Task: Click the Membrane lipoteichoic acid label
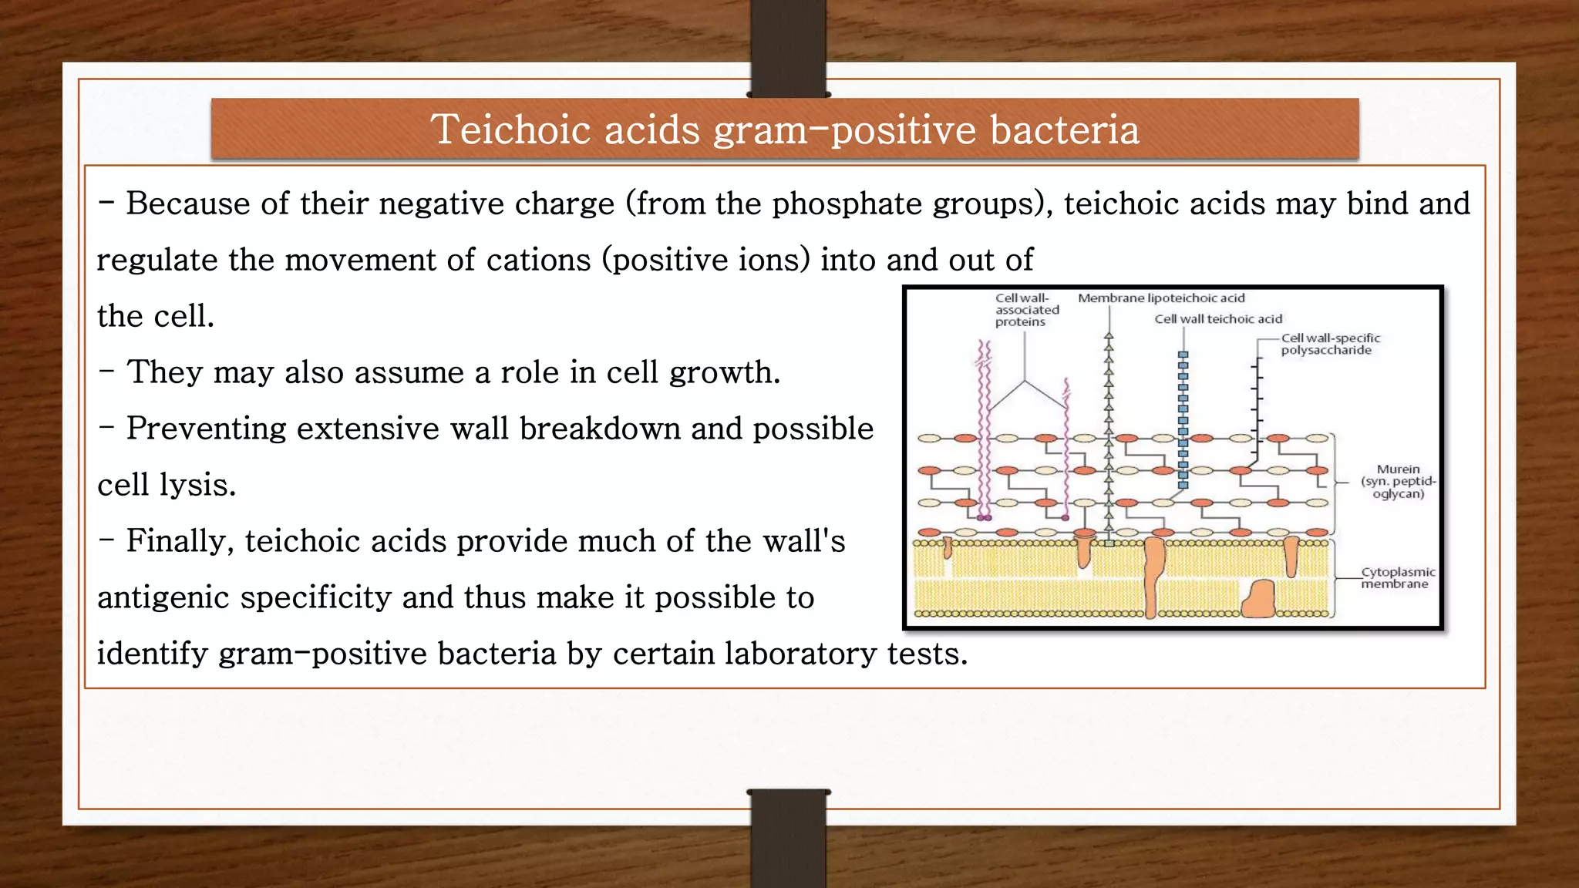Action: (1161, 298)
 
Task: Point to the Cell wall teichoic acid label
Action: (1218, 319)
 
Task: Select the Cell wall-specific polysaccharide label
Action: (1330, 344)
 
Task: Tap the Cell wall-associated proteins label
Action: (1026, 310)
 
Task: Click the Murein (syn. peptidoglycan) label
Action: (1398, 481)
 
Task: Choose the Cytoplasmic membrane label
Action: (1397, 578)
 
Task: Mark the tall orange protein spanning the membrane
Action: (1153, 574)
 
